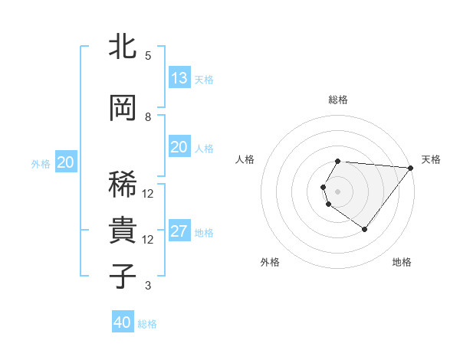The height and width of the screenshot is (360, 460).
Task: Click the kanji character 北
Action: [x=123, y=47]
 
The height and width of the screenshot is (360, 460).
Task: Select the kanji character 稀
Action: [x=123, y=184]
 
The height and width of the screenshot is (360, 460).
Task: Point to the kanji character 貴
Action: [x=123, y=231]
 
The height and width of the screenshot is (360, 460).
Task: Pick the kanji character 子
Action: [x=123, y=276]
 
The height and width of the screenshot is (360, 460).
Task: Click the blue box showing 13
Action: [x=179, y=78]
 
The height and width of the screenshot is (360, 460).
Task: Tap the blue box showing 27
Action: [x=179, y=232]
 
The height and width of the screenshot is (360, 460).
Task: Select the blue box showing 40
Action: [x=123, y=322]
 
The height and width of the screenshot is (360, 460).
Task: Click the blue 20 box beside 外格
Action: [x=66, y=162]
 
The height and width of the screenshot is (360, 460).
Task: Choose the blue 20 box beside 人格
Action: [x=179, y=147]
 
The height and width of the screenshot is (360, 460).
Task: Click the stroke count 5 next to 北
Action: [x=148, y=55]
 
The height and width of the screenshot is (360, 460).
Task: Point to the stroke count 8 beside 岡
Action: [x=148, y=116]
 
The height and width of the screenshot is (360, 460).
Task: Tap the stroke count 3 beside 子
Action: [x=148, y=286]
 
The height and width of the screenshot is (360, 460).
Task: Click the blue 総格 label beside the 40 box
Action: [x=147, y=324]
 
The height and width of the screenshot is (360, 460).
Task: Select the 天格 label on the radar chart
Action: [x=431, y=159]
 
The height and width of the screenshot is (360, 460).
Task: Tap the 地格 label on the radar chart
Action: [x=402, y=263]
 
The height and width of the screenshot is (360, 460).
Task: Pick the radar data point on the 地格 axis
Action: [x=364, y=229]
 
